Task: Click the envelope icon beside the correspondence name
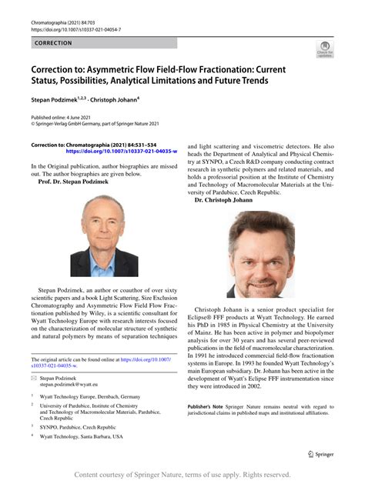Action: (34, 379)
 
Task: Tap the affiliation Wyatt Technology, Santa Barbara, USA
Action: (81, 436)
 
